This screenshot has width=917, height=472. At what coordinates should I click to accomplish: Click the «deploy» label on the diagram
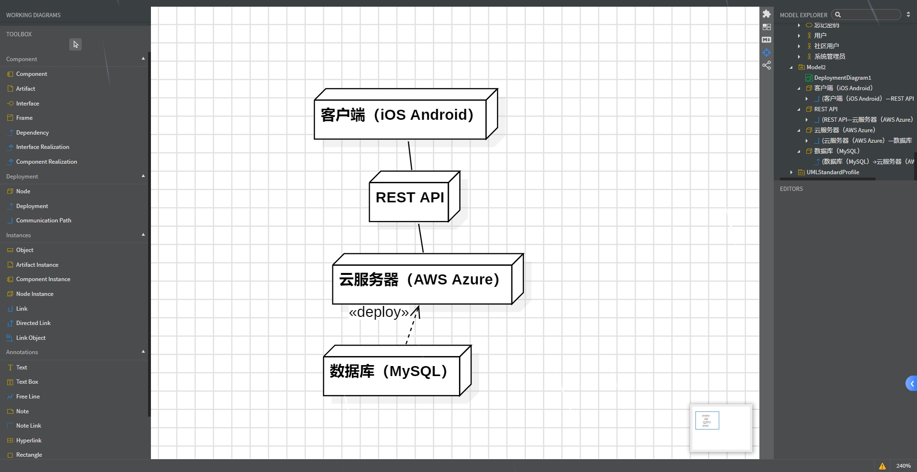pos(379,312)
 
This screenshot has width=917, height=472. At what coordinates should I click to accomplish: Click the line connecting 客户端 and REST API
pos(410,155)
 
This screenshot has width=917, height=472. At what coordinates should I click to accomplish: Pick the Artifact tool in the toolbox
pos(25,89)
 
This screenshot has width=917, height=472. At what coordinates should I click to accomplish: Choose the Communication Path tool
pos(43,220)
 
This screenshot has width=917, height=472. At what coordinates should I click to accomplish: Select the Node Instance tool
pos(34,294)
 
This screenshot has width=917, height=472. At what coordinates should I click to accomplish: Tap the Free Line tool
pos(28,397)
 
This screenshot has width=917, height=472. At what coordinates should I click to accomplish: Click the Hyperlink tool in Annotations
pos(29,441)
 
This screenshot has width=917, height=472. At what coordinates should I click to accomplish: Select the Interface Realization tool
pos(43,147)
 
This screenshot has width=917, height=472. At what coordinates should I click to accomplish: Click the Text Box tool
pos(27,382)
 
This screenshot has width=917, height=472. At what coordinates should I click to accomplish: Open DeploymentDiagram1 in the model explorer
pos(842,78)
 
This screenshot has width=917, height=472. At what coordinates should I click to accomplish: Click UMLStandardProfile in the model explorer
pos(832,172)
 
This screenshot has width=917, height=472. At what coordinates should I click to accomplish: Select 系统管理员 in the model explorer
pos(830,57)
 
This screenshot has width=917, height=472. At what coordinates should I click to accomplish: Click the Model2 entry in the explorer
pos(816,67)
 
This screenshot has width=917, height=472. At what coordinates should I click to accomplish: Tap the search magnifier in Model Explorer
pos(838,15)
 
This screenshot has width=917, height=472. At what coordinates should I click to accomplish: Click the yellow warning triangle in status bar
pos(882,466)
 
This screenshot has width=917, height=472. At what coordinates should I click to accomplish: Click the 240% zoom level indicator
pos(903,466)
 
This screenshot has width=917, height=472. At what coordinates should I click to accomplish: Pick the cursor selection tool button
pos(75,44)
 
